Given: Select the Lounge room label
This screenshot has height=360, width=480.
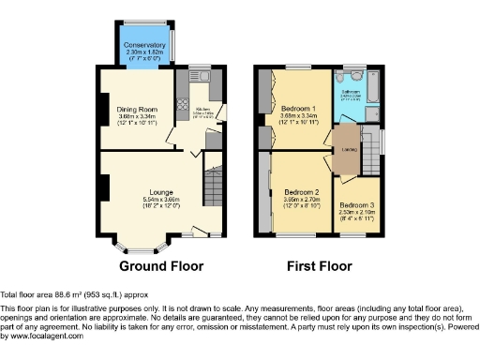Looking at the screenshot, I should click(146, 191).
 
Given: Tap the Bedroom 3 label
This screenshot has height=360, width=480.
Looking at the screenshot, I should click(356, 205).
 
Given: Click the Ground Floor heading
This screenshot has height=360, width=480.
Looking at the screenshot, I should click(161, 266).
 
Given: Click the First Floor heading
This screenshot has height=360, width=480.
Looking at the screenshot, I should click(321, 266).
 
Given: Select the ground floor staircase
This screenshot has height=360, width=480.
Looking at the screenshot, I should click(215, 187).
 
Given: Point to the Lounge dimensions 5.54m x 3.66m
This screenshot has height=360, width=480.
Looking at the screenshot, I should click(146, 200).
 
